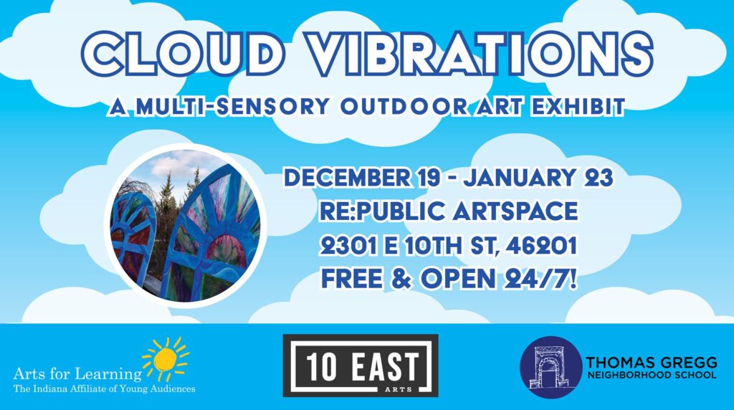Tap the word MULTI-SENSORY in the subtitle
point(232,107)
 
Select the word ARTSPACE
point(515,211)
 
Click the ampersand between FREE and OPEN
point(401,280)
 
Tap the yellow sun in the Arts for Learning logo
point(166,358)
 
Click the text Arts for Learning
point(77,374)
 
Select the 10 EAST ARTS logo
point(361,365)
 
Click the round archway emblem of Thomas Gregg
point(550,367)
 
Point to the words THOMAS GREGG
point(651,362)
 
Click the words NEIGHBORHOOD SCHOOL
point(651,375)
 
